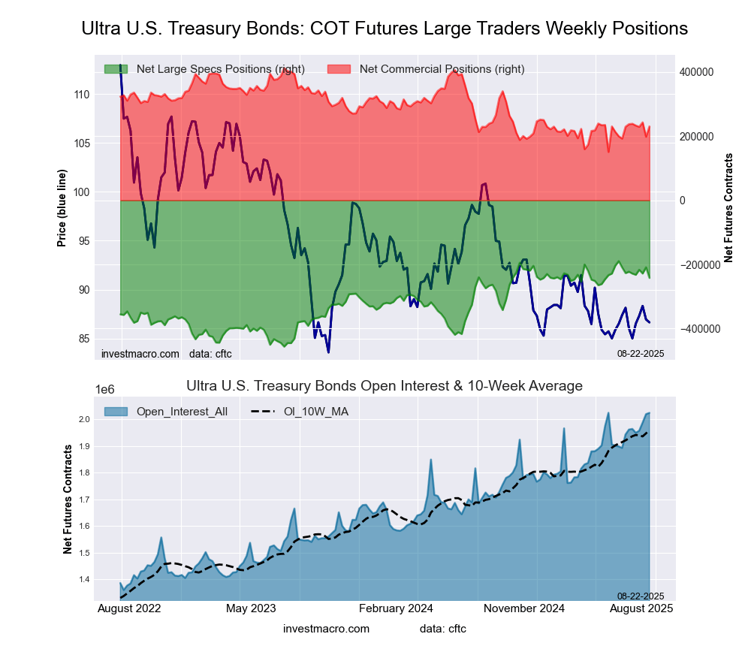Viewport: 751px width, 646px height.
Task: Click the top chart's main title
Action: (385, 29)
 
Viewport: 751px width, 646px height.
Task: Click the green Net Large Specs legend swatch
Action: (116, 69)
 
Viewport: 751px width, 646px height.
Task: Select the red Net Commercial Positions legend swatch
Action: (339, 69)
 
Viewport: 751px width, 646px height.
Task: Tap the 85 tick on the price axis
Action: (84, 339)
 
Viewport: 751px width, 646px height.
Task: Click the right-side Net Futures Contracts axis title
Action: (728, 207)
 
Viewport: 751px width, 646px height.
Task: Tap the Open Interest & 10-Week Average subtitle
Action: (385, 386)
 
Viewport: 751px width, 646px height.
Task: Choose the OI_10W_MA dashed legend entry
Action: (300, 412)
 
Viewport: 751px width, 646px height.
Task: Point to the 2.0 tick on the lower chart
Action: (84, 419)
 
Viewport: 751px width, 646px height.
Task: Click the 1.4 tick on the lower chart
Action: (84, 580)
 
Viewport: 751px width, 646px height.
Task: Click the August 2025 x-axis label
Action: (640, 608)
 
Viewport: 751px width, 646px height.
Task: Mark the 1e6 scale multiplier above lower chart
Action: (105, 389)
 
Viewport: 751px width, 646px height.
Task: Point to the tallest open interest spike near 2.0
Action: (608, 413)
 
